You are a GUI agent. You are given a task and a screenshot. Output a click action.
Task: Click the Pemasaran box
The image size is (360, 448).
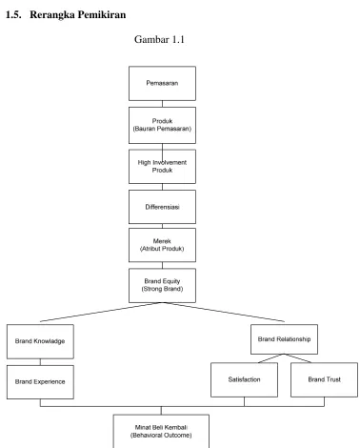click(162, 83)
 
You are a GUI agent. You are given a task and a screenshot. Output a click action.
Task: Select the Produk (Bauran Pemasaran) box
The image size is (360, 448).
click(162, 125)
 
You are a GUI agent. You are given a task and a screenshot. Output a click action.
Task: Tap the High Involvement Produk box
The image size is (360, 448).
click(162, 167)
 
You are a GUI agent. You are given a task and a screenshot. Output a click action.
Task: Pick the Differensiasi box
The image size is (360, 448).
click(162, 207)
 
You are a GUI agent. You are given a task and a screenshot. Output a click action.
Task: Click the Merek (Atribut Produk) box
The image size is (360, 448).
click(162, 245)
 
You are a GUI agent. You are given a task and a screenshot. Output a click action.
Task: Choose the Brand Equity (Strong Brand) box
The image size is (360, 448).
click(162, 285)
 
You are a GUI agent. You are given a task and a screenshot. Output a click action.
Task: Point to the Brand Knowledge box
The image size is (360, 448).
click(40, 341)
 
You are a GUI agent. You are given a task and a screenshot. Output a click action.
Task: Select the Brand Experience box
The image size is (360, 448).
click(40, 382)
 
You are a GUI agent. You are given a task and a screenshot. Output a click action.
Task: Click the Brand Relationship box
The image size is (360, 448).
click(284, 339)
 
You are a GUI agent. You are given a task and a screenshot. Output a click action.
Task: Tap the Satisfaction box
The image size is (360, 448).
click(244, 379)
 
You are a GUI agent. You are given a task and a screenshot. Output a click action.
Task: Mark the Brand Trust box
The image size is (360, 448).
click(324, 379)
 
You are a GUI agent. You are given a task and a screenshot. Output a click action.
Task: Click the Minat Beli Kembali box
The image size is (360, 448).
click(161, 431)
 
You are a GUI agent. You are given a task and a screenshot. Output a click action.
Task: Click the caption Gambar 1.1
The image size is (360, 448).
click(159, 39)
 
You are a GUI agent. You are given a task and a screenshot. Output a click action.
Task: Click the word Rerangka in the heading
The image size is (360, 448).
click(52, 15)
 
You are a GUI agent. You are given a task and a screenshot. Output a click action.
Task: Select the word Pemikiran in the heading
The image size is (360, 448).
click(102, 14)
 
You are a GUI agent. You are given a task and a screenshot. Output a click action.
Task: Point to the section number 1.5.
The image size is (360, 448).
click(13, 14)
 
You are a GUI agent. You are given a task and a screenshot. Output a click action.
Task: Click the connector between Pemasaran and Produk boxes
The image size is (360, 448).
click(162, 104)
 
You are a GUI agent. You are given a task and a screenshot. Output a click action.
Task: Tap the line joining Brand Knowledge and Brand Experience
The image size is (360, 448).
click(40, 362)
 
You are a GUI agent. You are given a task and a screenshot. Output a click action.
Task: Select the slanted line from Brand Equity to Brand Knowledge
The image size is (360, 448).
click(101, 312)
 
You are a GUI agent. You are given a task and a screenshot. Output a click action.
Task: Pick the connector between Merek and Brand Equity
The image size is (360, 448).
click(162, 265)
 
